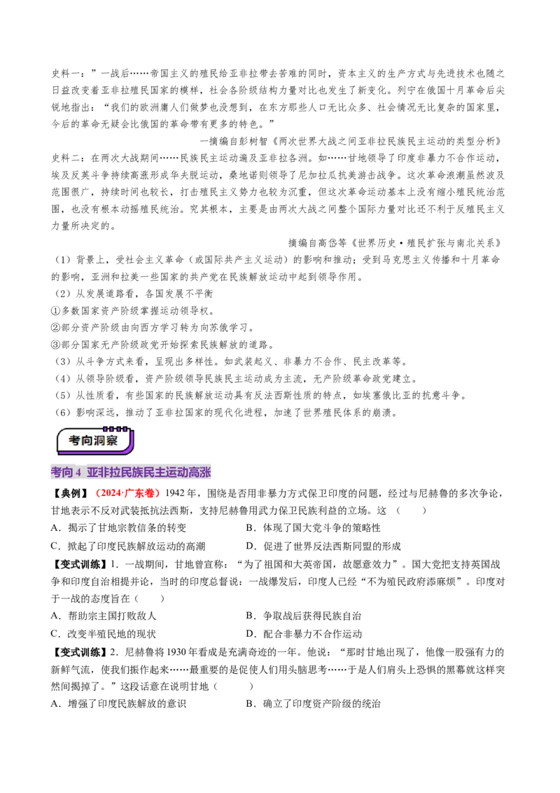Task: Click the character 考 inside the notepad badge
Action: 75,441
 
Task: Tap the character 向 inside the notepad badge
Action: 88,441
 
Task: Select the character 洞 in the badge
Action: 102,441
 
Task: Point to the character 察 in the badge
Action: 116,441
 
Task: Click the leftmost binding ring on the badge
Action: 106,428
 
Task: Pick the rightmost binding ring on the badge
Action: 125,428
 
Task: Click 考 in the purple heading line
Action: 57,473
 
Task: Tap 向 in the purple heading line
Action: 68,473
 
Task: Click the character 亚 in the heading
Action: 92,473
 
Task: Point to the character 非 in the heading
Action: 104,473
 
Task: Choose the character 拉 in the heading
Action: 115,473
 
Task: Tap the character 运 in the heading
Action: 172,473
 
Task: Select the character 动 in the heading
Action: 183,473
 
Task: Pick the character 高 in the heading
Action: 195,473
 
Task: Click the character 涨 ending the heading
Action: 206,473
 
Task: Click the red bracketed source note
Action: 128,493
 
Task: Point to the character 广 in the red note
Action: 129,493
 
